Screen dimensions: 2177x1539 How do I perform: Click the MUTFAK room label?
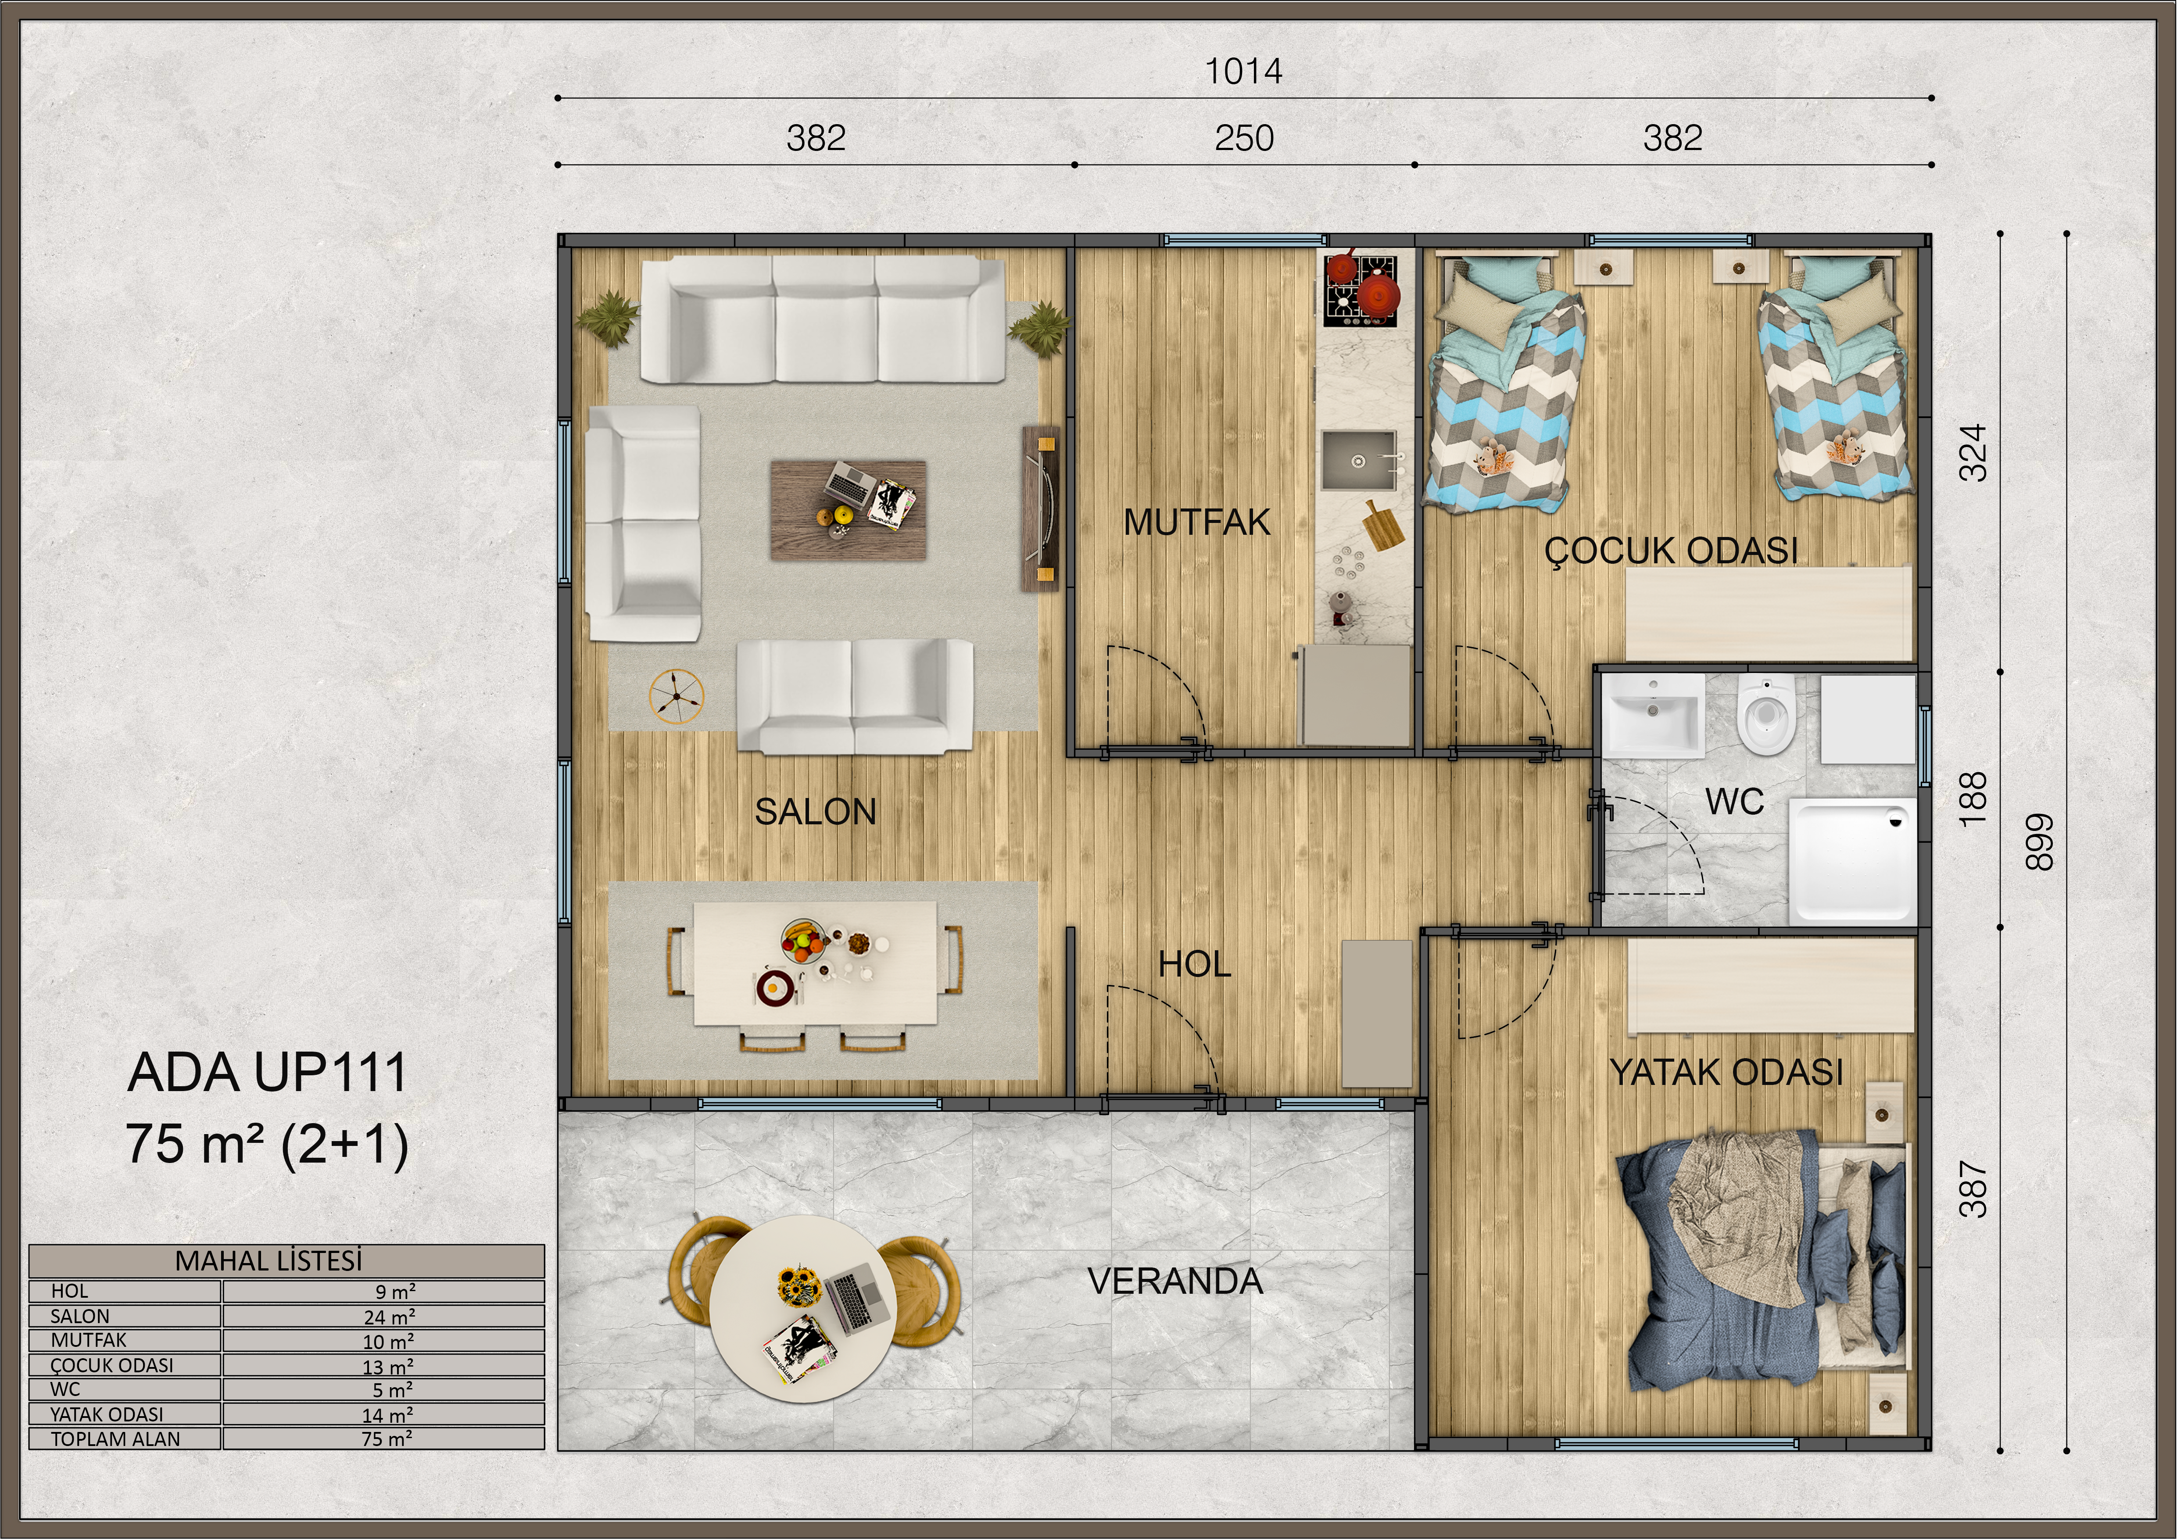[x=1196, y=523]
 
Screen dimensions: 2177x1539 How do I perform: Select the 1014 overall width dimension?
[x=1243, y=71]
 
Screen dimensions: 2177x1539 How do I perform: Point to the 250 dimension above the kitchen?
[x=1244, y=139]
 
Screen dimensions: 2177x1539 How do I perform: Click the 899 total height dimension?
[x=2038, y=842]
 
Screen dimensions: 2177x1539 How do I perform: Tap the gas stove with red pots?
[x=1361, y=289]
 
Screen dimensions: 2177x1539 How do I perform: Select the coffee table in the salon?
[x=848, y=510]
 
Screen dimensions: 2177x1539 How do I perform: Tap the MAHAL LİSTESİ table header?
[x=269, y=1261]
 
